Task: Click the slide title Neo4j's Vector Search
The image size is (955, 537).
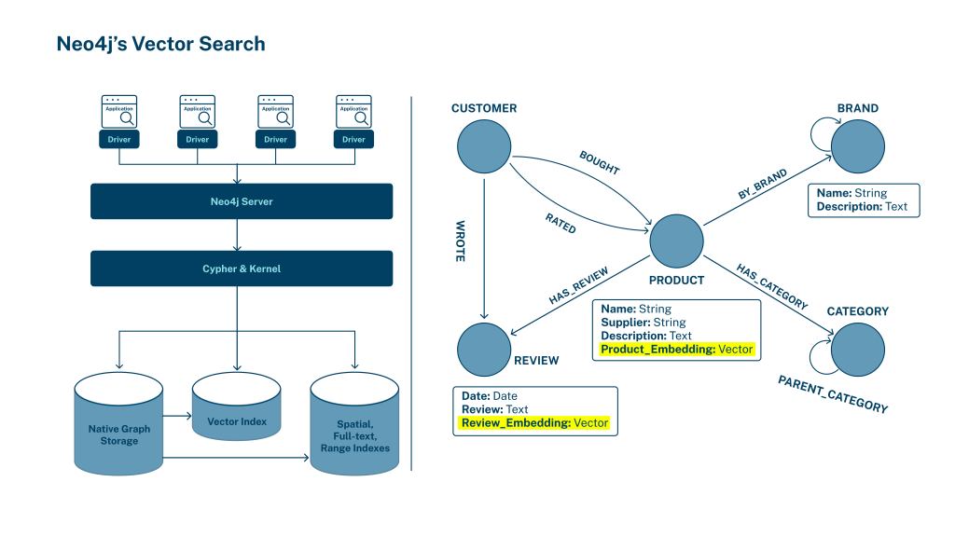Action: (x=161, y=44)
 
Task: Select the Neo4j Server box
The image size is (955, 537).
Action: (x=242, y=201)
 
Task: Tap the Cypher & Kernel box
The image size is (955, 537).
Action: (x=242, y=268)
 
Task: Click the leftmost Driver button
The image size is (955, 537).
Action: (x=119, y=139)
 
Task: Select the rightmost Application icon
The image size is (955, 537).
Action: (x=353, y=112)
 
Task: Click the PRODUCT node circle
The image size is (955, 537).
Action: (x=676, y=241)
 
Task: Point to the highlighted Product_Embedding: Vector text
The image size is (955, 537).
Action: (x=676, y=350)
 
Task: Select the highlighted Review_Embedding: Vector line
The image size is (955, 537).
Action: (x=534, y=422)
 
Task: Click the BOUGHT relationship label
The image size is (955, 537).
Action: (x=599, y=162)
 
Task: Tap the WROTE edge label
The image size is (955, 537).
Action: (x=460, y=241)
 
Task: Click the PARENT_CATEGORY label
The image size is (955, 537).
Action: (x=833, y=394)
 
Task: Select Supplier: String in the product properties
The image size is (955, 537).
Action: (x=643, y=323)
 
